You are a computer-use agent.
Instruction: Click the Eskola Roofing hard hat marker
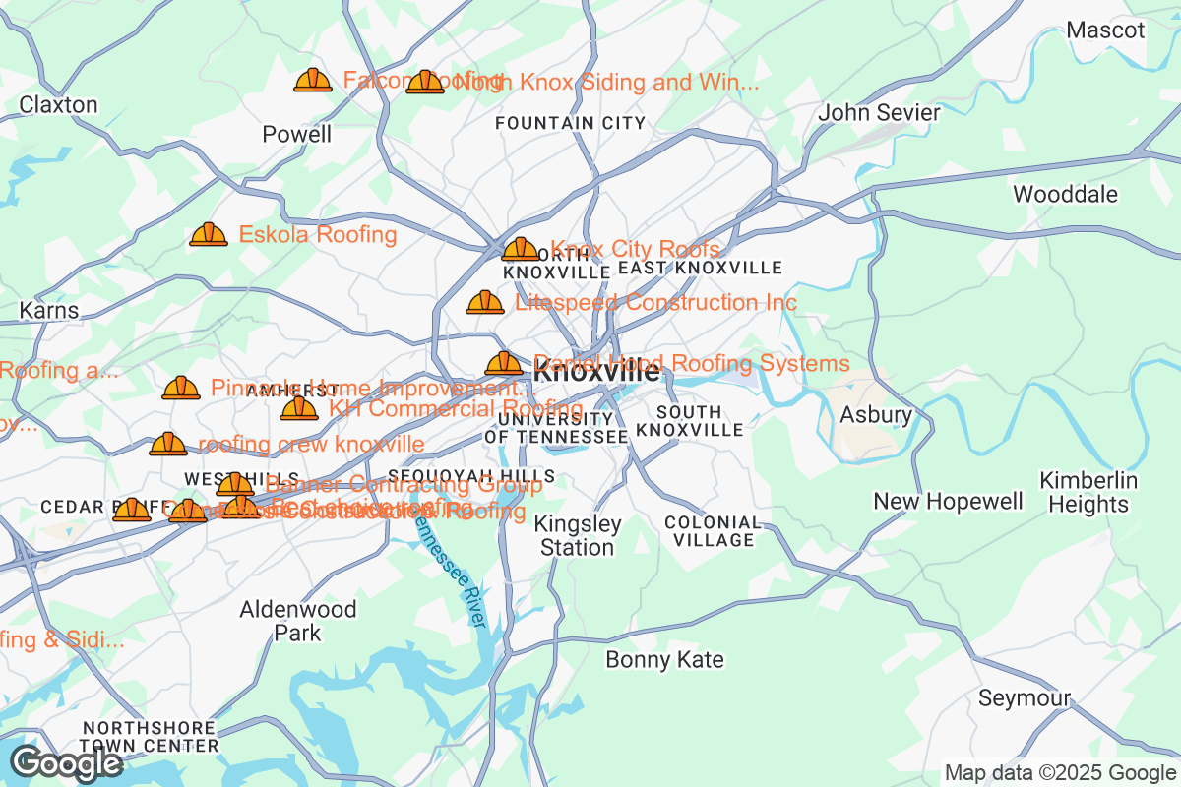coord(208,234)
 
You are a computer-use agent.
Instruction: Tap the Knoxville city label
coord(596,373)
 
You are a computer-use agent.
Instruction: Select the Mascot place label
coord(1105,30)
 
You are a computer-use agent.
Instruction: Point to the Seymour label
coord(1024,698)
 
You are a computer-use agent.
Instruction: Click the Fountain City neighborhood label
coord(570,123)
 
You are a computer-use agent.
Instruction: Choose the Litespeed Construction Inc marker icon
coord(484,302)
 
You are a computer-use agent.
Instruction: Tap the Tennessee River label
coord(450,571)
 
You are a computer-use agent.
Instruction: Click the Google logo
coord(67,762)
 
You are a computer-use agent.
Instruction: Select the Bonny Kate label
coord(664,659)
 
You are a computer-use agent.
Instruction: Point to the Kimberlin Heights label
coord(1088,493)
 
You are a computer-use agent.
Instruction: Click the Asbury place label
coord(875,415)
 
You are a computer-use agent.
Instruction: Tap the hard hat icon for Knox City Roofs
coord(520,249)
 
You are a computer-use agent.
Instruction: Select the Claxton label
coord(58,104)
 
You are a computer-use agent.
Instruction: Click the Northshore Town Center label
coord(150,736)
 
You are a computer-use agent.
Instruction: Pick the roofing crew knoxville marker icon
coord(168,445)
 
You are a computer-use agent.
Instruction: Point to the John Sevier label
coord(880,113)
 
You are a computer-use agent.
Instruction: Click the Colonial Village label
coord(713,531)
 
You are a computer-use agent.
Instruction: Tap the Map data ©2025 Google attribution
coord(1060,772)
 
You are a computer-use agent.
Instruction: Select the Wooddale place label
coord(1065,194)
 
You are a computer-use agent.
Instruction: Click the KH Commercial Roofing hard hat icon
coord(299,408)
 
